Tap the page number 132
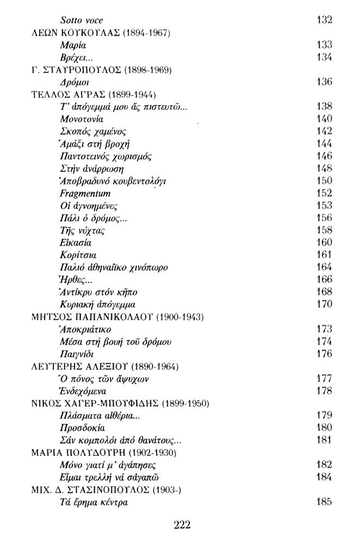point(324,20)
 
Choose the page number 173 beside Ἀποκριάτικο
point(324,329)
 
